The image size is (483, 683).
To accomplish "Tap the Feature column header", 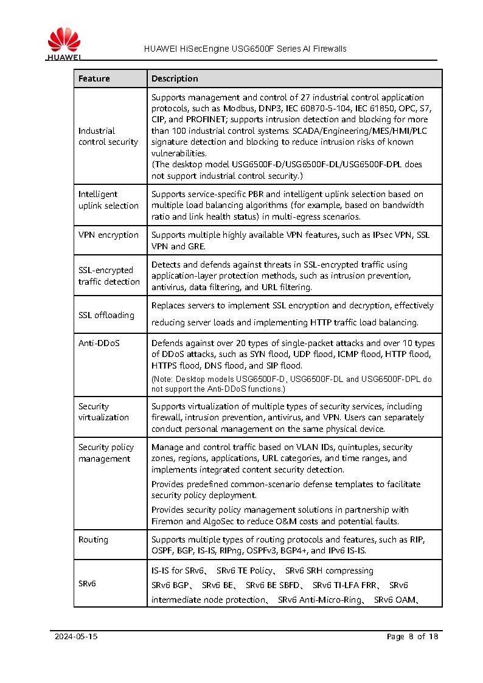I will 94,78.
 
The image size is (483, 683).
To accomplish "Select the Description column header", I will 175,78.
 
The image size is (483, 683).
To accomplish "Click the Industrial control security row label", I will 108,136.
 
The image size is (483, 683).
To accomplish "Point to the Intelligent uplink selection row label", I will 108,199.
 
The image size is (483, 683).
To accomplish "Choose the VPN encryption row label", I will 108,235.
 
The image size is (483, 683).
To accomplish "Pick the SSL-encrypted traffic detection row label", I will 109,276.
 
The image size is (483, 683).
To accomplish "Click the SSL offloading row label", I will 106,315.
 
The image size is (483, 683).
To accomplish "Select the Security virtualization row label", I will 103,412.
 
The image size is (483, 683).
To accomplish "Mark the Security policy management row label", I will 106,452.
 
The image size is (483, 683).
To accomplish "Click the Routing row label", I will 93,539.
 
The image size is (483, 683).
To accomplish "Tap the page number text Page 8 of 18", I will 412,637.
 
